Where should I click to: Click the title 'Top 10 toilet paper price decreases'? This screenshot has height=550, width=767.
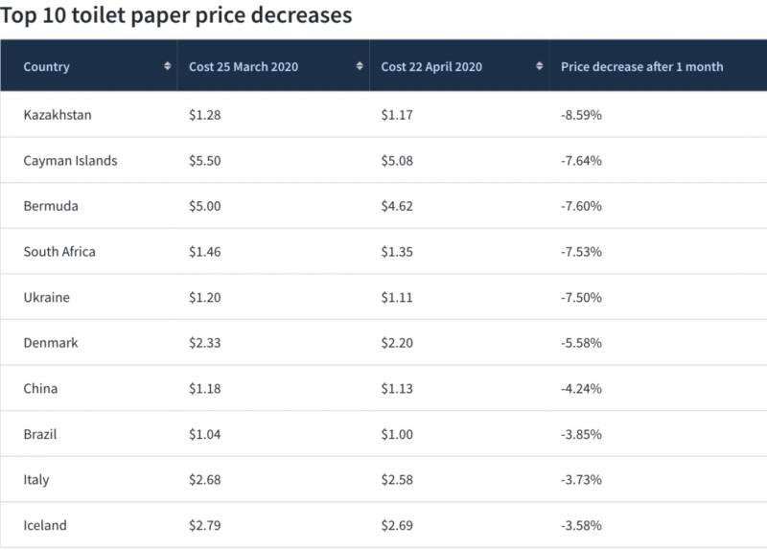point(176,15)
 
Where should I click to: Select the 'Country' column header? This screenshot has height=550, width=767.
point(47,66)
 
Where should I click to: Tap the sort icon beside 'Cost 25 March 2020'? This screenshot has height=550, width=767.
point(360,66)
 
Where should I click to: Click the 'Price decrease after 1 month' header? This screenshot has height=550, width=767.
point(641,66)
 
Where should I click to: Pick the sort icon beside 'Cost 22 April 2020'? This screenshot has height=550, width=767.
point(540,66)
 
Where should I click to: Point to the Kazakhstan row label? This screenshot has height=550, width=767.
point(58,115)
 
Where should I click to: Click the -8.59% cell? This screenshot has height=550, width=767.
point(581,115)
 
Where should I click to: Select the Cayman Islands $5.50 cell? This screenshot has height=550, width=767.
point(205,161)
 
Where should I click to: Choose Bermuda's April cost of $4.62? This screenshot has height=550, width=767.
point(397,206)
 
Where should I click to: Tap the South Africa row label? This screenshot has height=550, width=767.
point(59,252)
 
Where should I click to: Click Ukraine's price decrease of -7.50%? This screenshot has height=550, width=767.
point(581,297)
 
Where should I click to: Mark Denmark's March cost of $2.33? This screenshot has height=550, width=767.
point(205,343)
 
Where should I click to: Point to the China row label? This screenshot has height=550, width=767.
point(40,388)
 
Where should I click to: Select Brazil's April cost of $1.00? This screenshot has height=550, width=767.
point(397,434)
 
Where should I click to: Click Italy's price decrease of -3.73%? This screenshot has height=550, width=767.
point(581,479)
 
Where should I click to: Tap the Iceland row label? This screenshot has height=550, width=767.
point(45,525)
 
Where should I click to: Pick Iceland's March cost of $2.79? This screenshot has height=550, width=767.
point(205,525)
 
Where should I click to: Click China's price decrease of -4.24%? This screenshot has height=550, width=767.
point(581,388)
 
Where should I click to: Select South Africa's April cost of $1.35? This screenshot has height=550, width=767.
point(397,252)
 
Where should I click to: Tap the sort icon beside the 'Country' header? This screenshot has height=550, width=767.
point(168,66)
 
